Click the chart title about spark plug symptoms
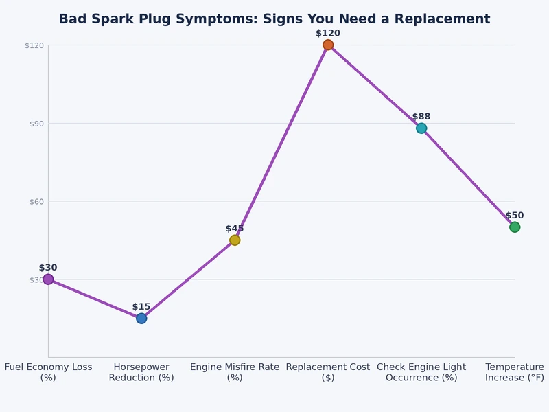pos(274,19)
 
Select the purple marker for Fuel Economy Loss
pos(48,279)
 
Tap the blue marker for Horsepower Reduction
pos(141,318)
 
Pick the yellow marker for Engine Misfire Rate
pos(235,240)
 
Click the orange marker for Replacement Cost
pos(328,45)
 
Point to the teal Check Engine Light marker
pos(421,128)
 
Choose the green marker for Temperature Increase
pos(515,227)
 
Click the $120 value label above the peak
pos(328,33)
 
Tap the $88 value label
pos(421,117)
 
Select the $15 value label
pos(141,307)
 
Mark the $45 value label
pos(235,229)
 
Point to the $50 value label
pos(515,216)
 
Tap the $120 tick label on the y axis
pos(34,45)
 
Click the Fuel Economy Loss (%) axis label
pos(48,372)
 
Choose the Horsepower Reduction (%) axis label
pos(141,372)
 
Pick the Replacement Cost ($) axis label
pos(328,372)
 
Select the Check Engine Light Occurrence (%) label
pos(421,372)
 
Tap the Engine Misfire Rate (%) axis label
pos(235,372)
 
